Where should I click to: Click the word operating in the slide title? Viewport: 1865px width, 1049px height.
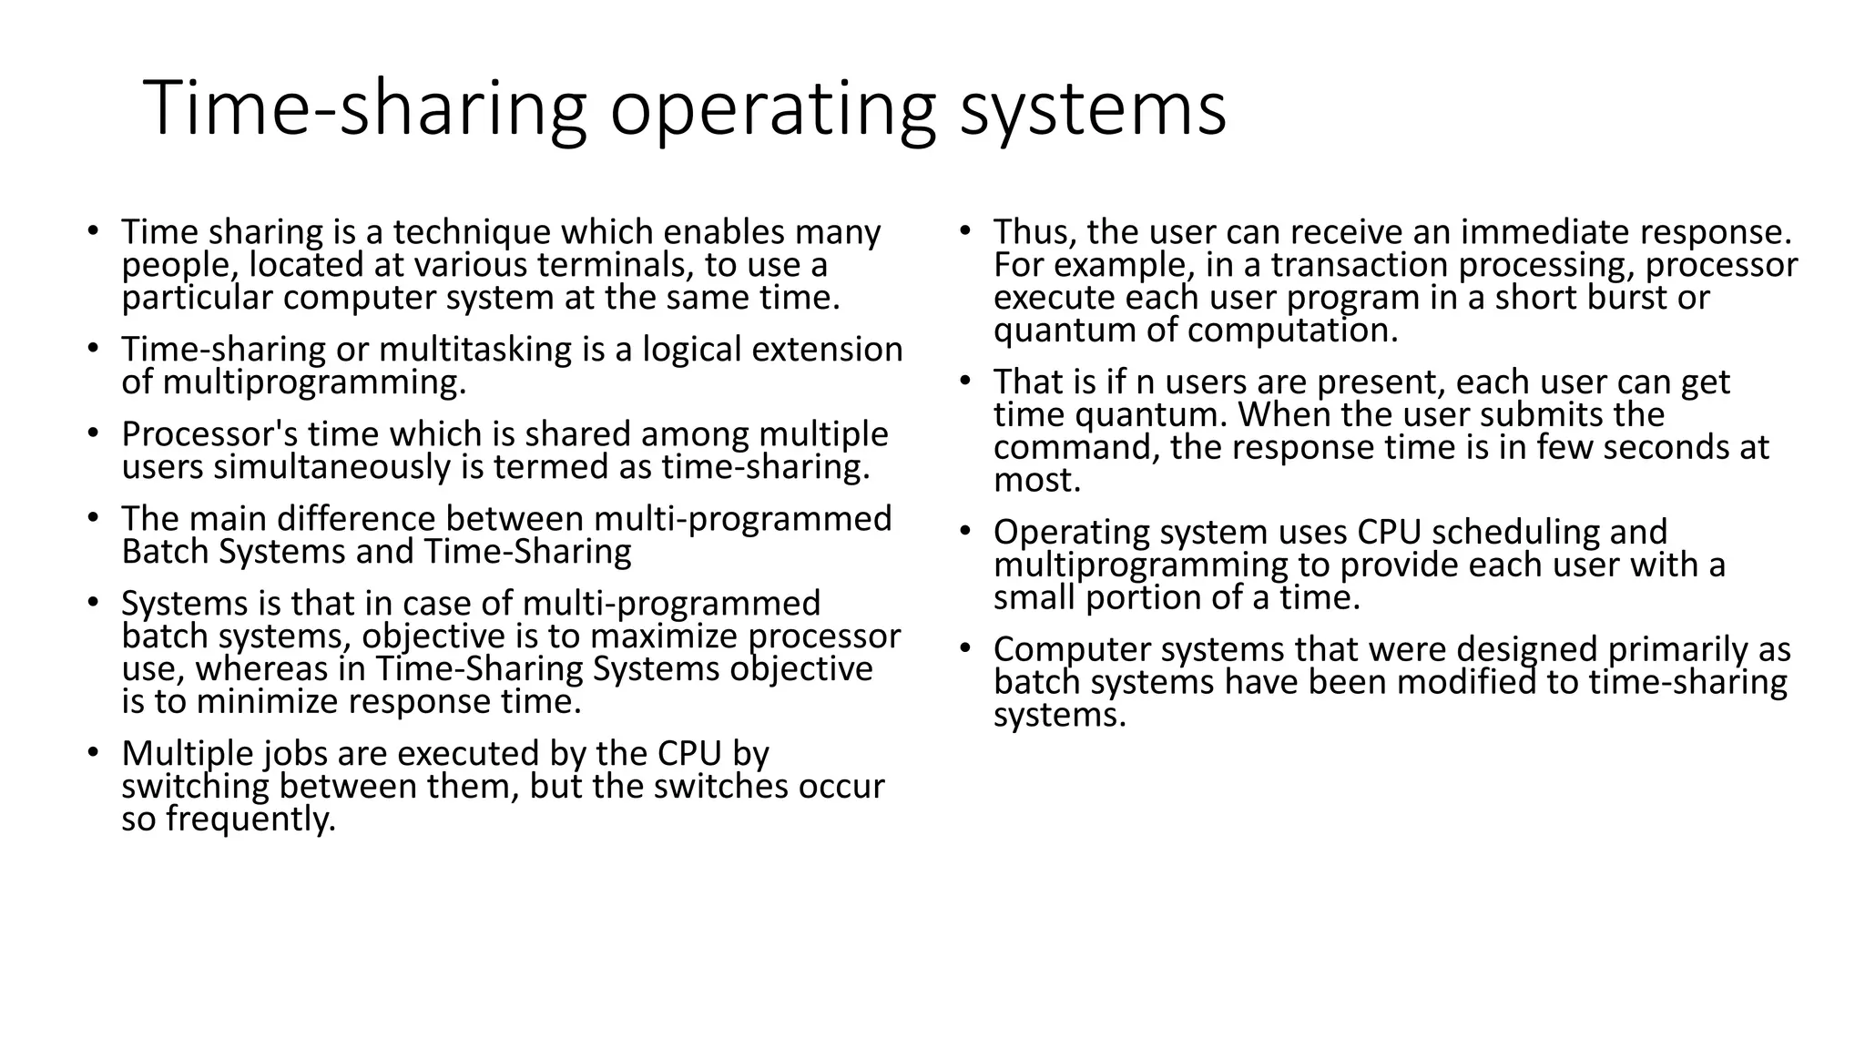[x=772, y=110]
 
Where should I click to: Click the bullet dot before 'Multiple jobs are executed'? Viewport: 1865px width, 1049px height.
[x=92, y=754]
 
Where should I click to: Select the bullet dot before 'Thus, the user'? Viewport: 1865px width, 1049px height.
[x=964, y=231]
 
